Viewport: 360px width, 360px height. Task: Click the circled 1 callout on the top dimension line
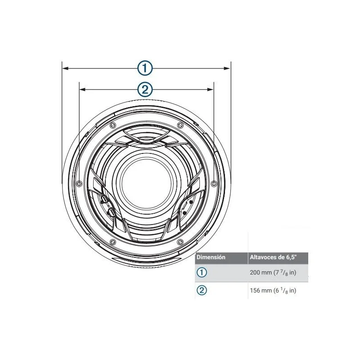coord(145,68)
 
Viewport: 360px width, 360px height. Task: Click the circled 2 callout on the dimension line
coord(145,89)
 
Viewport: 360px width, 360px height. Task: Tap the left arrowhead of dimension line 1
coord(66,68)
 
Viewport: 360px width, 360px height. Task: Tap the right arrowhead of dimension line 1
coord(227,68)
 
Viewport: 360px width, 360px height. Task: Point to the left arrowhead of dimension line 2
coord(83,89)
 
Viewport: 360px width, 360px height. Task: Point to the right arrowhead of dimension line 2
coord(210,89)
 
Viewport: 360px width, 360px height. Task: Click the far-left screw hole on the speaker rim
coord(79,184)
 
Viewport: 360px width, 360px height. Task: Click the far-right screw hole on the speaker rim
coord(214,184)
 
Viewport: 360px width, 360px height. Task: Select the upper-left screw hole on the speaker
coord(112,126)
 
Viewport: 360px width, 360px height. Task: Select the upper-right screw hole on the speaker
coord(180,126)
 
